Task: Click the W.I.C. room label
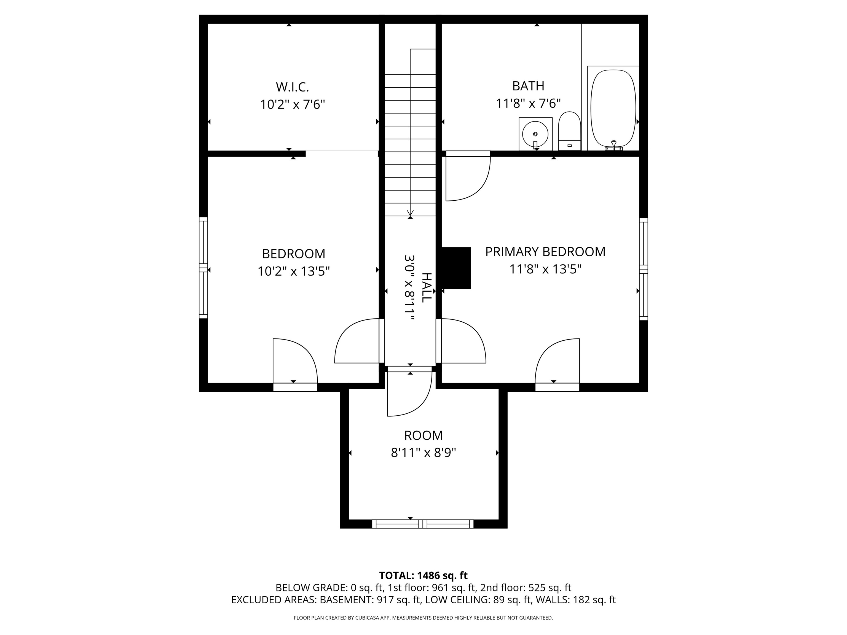tap(292, 87)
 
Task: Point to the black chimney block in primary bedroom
tap(456, 268)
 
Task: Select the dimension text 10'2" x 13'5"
tap(293, 271)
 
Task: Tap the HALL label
tap(426, 288)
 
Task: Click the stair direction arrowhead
tap(410, 213)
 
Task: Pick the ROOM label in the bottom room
tap(423, 435)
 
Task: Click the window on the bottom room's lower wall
tap(423, 524)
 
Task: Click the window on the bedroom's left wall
tap(203, 268)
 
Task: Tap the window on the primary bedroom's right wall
tap(644, 269)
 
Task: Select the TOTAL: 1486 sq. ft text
tap(423, 575)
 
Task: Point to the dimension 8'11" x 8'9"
tap(423, 453)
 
